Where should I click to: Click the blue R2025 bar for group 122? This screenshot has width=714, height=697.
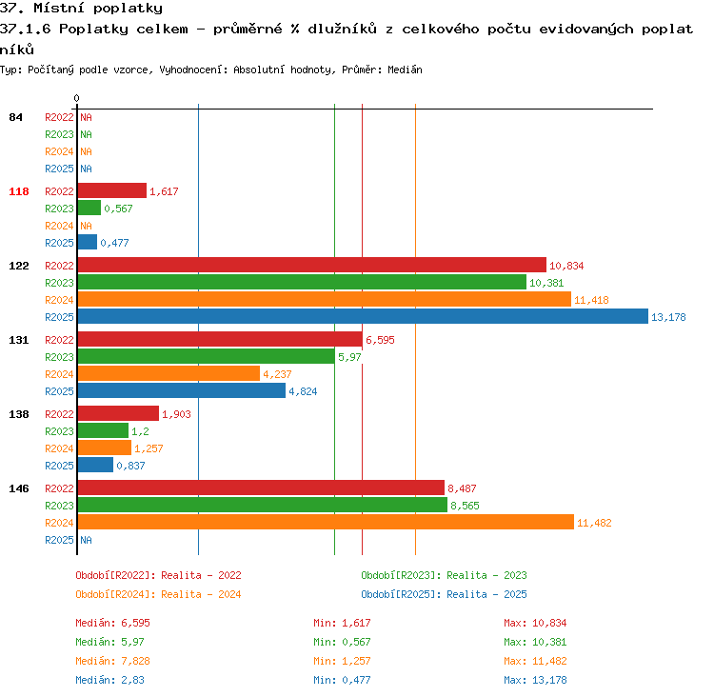[x=363, y=317]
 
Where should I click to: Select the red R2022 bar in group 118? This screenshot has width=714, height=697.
[x=112, y=190]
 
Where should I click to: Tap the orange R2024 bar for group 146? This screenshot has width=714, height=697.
[x=326, y=522]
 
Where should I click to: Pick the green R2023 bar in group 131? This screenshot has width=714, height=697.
[x=207, y=356]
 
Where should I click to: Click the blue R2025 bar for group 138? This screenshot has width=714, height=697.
[x=95, y=465]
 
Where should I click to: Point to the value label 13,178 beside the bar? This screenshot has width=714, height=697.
[x=668, y=317]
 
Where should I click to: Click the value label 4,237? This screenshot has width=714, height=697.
[x=277, y=374]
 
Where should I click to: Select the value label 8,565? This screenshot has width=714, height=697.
[x=465, y=506]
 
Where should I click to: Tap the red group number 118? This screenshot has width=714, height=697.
[x=19, y=191]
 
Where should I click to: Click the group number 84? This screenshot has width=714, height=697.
[x=15, y=117]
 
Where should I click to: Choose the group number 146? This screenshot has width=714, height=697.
[x=19, y=488]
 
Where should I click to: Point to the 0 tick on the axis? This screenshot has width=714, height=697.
[x=76, y=98]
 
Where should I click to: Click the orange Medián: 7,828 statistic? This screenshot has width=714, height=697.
[x=112, y=661]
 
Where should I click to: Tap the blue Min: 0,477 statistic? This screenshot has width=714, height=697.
[x=342, y=680]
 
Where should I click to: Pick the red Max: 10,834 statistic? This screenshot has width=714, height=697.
[x=535, y=623]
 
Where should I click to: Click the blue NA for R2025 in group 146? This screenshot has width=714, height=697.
[x=86, y=540]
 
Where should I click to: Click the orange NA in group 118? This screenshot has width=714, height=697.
[x=86, y=226]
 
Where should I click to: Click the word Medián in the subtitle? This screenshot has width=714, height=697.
[x=405, y=70]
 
